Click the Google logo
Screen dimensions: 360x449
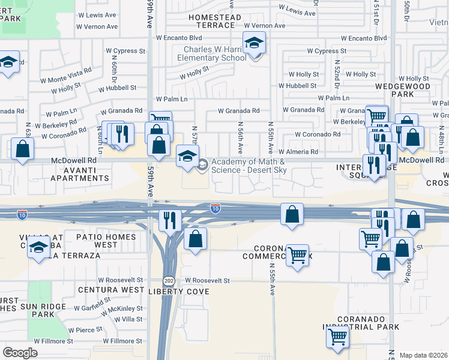click(20, 353)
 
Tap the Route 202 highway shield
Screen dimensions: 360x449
click(169, 281)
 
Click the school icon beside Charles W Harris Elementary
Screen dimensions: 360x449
click(255, 43)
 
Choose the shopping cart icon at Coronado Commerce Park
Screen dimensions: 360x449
click(297, 254)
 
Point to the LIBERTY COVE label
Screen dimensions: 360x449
click(179, 292)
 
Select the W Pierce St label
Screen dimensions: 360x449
click(85, 330)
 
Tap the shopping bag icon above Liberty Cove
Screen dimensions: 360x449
click(195, 238)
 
